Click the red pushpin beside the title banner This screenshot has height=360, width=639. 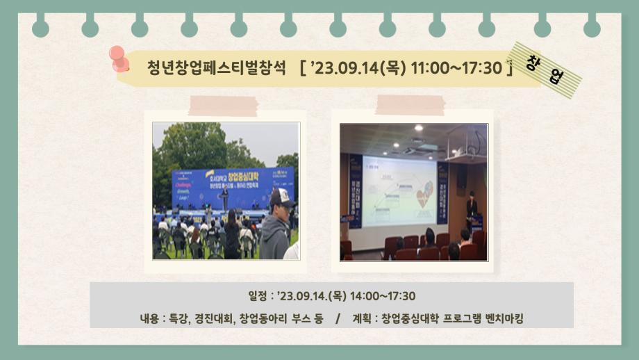click(x=120, y=59)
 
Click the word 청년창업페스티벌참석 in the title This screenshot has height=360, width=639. click(x=217, y=67)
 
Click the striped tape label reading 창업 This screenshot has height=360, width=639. click(x=546, y=70)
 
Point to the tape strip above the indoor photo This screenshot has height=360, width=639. click(x=410, y=104)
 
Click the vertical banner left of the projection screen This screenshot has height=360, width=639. click(x=356, y=191)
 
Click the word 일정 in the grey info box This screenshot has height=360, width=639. click(x=247, y=297)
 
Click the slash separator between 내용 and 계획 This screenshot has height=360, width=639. click(x=338, y=318)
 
